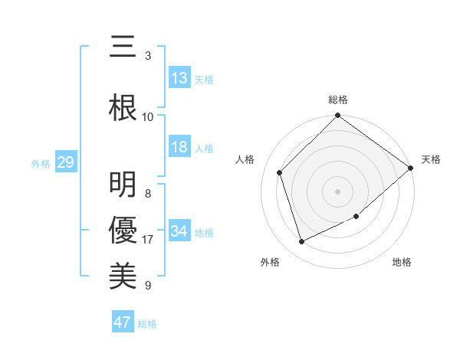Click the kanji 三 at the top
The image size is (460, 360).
tap(123, 47)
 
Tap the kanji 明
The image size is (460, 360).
tap(123, 185)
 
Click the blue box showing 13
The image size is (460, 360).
tap(179, 78)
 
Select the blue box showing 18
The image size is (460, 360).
tap(179, 147)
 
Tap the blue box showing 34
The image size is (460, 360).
tap(179, 231)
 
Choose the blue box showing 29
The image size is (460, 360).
tap(65, 162)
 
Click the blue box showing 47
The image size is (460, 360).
tap(123, 322)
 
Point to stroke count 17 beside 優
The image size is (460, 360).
tap(149, 240)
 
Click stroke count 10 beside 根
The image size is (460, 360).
tap(148, 116)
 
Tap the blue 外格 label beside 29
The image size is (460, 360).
tap(41, 163)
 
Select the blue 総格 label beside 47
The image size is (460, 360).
tap(147, 323)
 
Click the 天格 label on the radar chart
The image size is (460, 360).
tap(431, 159)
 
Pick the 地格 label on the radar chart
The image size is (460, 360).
tap(402, 263)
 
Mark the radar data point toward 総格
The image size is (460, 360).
tap(337, 116)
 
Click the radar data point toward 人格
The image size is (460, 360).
tap(280, 172)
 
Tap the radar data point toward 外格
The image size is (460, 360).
tap(301, 242)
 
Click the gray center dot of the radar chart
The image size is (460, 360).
tap(337, 191)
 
